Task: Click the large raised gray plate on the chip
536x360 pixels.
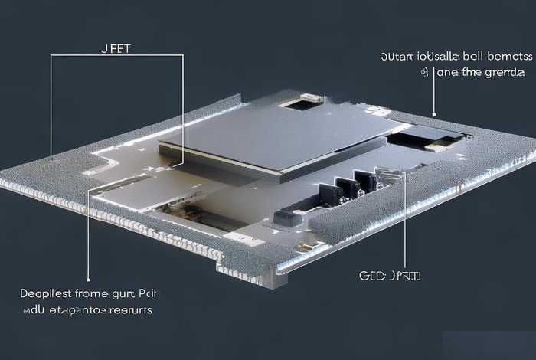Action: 276,138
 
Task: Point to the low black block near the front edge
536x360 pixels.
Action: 287,217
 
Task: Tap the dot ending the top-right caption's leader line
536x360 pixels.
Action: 434,115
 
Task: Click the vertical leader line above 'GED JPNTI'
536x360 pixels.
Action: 402,222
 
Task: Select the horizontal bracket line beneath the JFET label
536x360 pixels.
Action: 116,56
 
